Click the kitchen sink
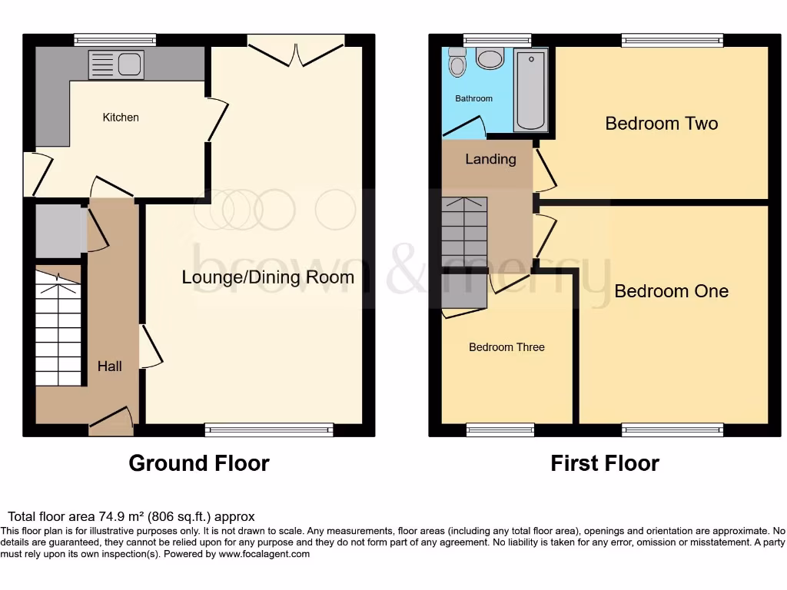pyautogui.click(x=116, y=65)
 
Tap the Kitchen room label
pyautogui.click(x=121, y=118)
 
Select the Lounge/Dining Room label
pyautogui.click(x=267, y=277)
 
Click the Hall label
pyautogui.click(x=109, y=366)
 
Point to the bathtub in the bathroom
pyautogui.click(x=530, y=90)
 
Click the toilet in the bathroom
pyautogui.click(x=457, y=63)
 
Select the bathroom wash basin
pyautogui.click(x=489, y=58)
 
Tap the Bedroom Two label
pyautogui.click(x=661, y=123)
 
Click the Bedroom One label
pyautogui.click(x=671, y=291)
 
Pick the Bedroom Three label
pyautogui.click(x=506, y=347)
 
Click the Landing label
pyautogui.click(x=490, y=159)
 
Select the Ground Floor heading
pyautogui.click(x=198, y=463)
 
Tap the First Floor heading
pyautogui.click(x=604, y=463)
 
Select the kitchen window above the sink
pyautogui.click(x=115, y=40)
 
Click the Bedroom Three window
pyautogui.click(x=500, y=429)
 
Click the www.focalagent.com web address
pyautogui.click(x=264, y=554)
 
